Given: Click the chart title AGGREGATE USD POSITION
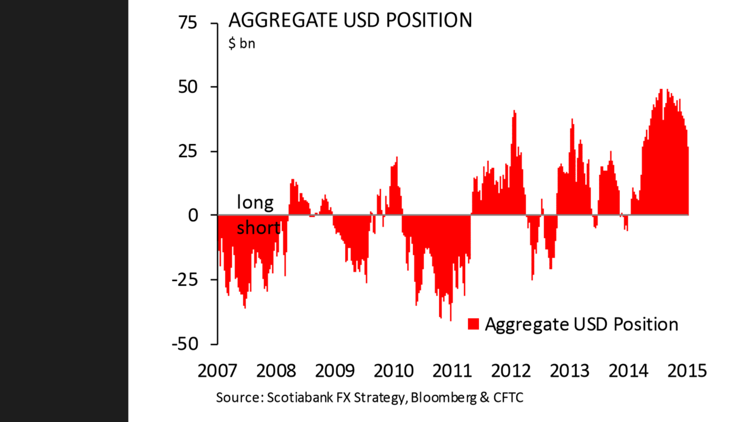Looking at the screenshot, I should coord(350,20).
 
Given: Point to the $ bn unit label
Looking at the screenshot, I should coord(242,44).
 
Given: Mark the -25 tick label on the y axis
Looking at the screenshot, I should coord(185,279).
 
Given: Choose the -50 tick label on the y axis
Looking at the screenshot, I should coord(185,344).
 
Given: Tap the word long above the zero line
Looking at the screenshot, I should coord(255,202).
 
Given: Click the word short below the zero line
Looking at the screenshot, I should coord(259,228).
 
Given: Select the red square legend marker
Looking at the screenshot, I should coord(474,324).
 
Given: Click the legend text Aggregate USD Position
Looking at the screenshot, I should coord(581,324).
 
